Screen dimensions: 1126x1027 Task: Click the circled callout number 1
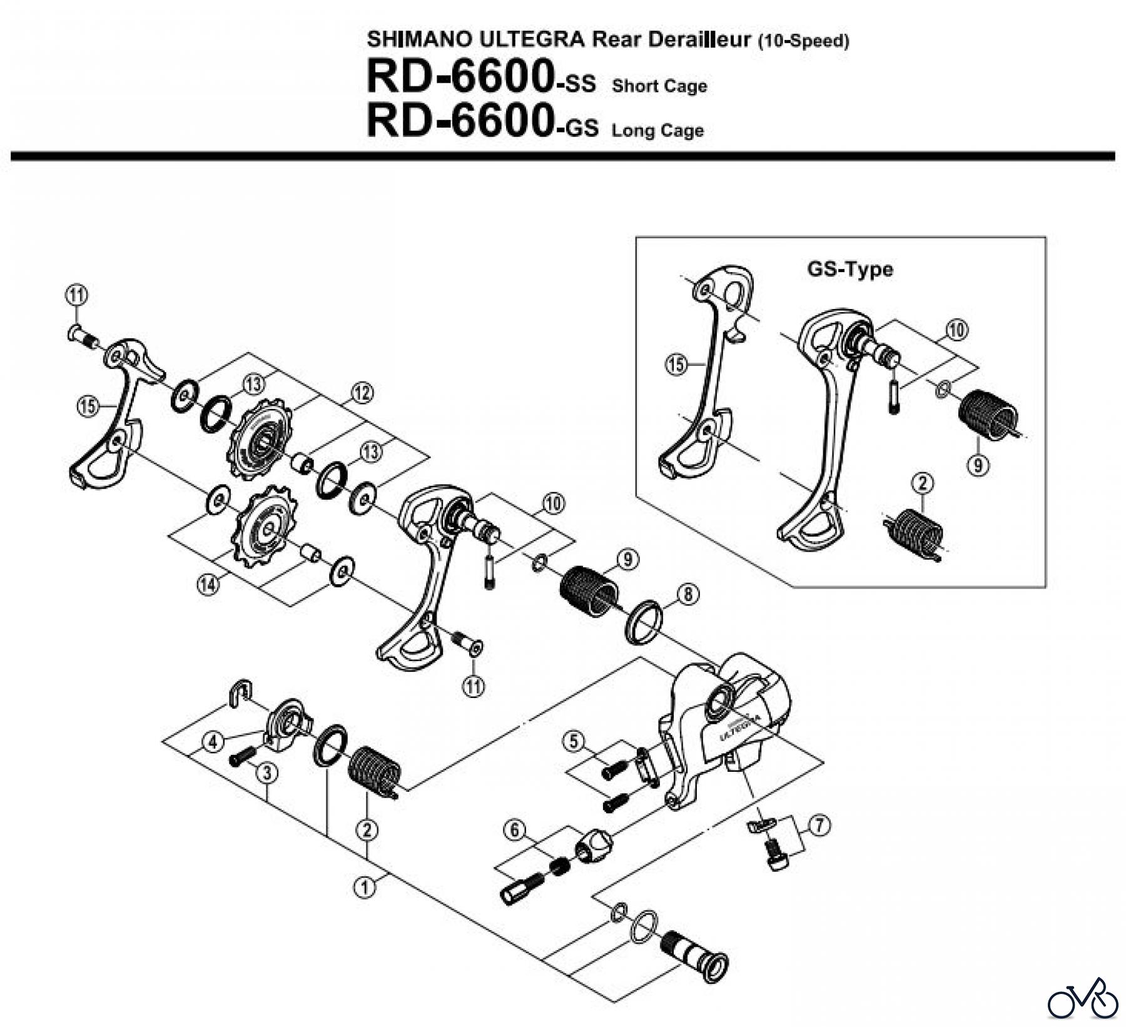click(364, 886)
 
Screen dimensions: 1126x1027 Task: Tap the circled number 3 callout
click(267, 773)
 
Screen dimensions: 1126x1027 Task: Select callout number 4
click(214, 742)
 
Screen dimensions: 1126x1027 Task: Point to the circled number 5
click(573, 742)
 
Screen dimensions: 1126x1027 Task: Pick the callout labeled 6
click(514, 831)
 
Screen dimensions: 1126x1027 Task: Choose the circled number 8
click(687, 594)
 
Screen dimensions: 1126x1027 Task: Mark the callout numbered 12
click(362, 393)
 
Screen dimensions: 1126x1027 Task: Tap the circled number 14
click(208, 585)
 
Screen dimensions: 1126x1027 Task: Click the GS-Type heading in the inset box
click(850, 270)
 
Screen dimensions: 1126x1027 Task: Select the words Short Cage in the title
click(659, 86)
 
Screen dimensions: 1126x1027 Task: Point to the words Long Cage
click(657, 131)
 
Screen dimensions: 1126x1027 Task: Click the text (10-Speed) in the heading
click(803, 41)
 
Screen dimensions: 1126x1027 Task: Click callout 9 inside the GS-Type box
click(978, 464)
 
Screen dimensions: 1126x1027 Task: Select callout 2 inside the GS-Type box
click(923, 483)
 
